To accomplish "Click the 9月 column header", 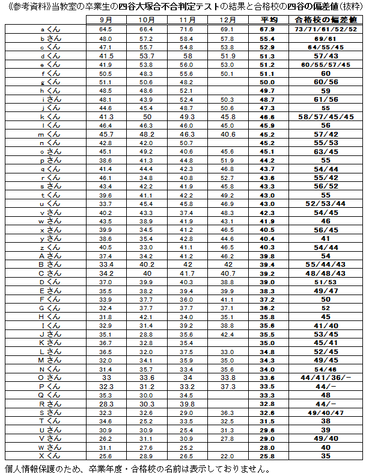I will tap(106, 20).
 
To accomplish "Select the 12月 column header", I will tap(227, 20).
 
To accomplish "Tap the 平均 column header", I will tap(267, 20).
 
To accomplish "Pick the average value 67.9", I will tap(267, 29).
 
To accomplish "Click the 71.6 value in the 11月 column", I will tap(186, 29).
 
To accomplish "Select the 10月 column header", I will tap(146, 20).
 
